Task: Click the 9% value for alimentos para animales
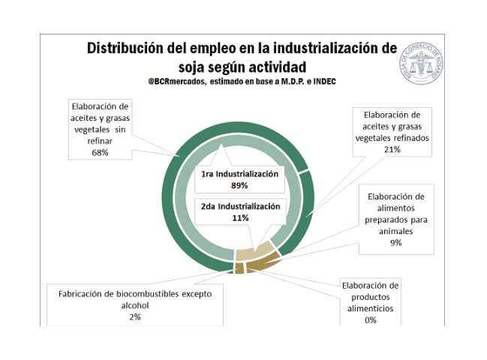pyautogui.click(x=395, y=242)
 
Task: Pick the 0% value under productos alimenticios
pyautogui.click(x=370, y=319)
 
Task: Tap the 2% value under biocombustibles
pyautogui.click(x=135, y=316)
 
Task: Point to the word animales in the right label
pyautogui.click(x=395, y=231)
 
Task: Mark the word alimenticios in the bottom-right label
pyautogui.click(x=370, y=308)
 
